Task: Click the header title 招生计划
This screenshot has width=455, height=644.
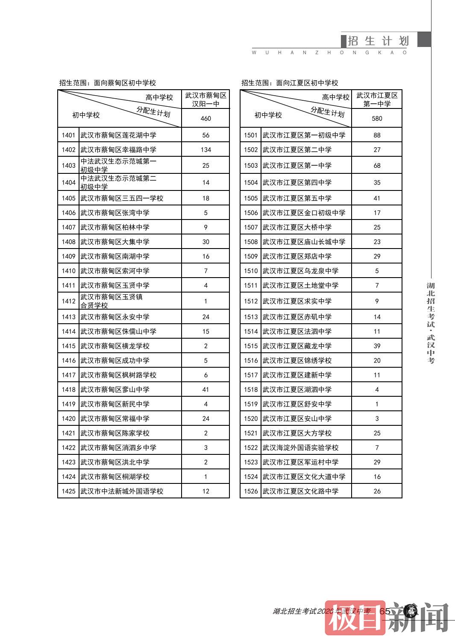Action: click(379, 41)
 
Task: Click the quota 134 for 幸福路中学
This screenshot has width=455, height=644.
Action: click(205, 150)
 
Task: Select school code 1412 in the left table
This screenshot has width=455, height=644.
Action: click(68, 301)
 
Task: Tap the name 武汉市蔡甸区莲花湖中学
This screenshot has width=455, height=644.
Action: click(118, 135)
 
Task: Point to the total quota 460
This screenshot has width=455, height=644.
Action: click(205, 118)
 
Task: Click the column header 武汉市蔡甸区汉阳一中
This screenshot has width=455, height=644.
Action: click(205, 100)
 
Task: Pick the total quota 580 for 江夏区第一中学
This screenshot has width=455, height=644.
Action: click(377, 118)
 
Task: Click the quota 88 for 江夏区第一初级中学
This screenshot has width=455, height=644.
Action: click(377, 135)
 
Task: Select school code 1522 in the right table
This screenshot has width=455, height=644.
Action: click(251, 448)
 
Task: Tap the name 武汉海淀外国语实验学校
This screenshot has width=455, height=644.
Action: click(300, 448)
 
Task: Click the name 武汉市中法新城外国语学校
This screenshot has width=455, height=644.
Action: click(122, 491)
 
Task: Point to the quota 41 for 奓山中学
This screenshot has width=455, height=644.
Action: click(205, 389)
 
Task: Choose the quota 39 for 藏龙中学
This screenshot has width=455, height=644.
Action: click(377, 346)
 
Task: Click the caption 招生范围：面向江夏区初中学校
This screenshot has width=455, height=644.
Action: click(290, 83)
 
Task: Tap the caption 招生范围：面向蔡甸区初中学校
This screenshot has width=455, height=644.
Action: click(108, 83)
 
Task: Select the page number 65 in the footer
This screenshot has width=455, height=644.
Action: click(385, 611)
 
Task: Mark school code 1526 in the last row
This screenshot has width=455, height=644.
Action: click(251, 491)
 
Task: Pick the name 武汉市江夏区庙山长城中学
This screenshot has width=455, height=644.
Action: click(304, 242)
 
